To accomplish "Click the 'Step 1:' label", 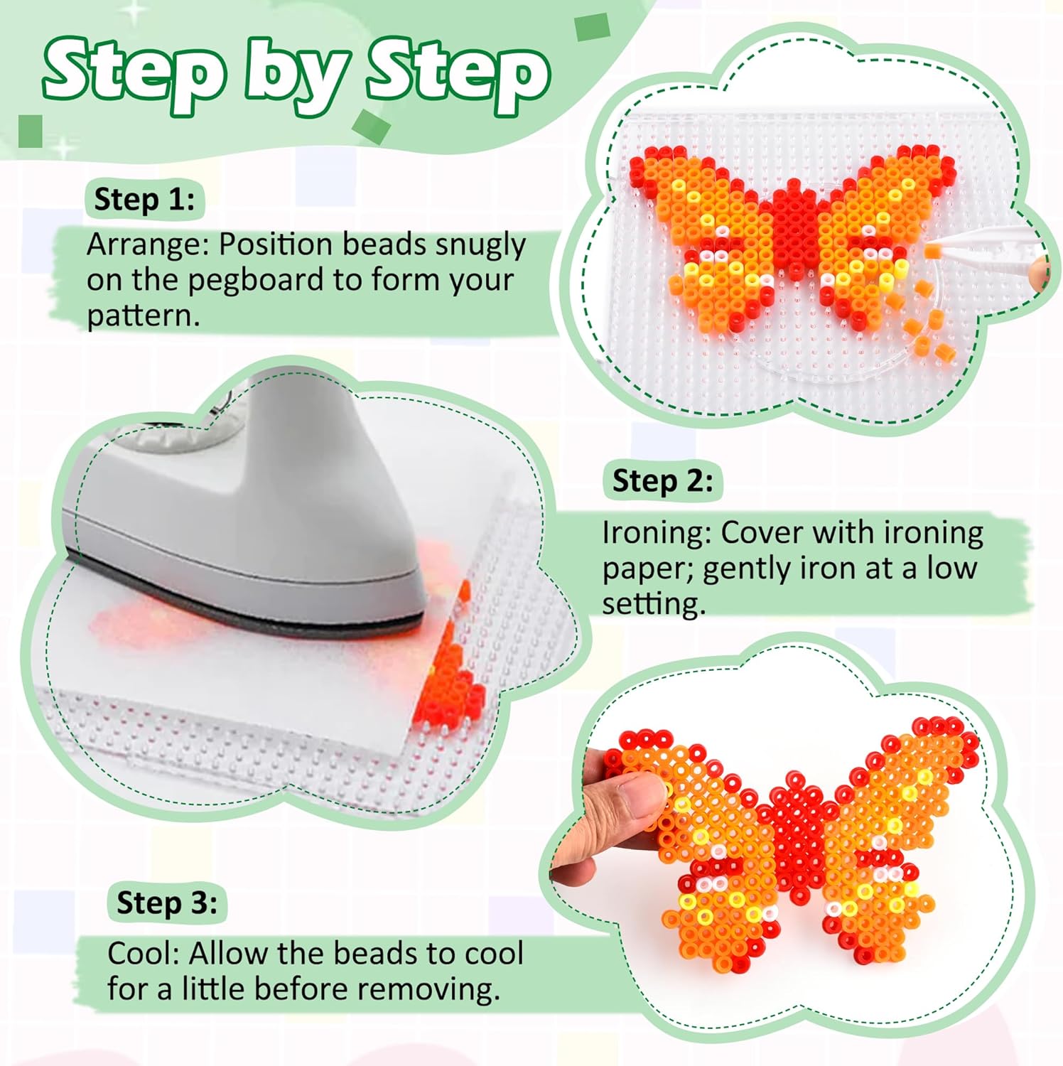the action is coord(144,200).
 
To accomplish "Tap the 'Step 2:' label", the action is coord(662,481).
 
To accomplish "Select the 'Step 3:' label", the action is coord(167,903).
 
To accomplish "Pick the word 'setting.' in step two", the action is coord(654,604).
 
